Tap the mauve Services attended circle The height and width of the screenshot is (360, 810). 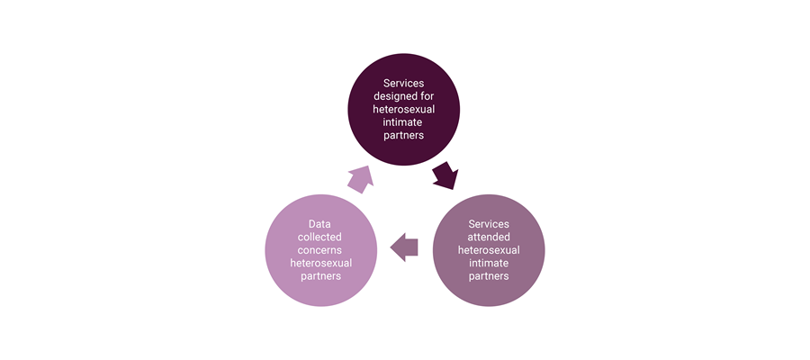pos(489,248)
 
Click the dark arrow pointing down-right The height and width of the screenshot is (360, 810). pos(445,175)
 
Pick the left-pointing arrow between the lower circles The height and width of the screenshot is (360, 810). pos(405,247)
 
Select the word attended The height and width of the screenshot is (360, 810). pos(489,236)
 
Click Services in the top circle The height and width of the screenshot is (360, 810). pos(404,84)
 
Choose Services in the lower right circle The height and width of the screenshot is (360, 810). pos(489,223)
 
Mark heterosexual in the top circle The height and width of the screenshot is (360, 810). pos(404,110)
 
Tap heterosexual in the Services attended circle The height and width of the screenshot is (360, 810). pos(489,249)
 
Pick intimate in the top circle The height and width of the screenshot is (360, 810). pos(404,122)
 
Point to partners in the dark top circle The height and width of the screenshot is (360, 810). pos(404,136)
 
